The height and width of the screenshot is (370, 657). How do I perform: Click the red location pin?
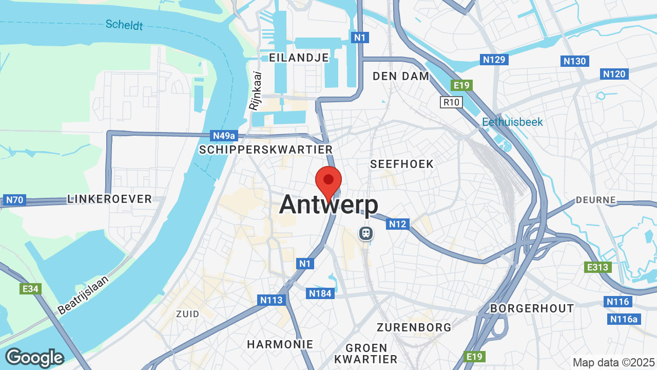pyautogui.click(x=328, y=181)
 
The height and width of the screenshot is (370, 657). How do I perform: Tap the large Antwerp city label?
pyautogui.click(x=328, y=205)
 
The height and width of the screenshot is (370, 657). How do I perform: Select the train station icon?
pyautogui.click(x=366, y=233)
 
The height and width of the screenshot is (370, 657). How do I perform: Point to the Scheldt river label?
pyautogui.click(x=124, y=24)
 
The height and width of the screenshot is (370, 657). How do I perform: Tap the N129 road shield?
pyautogui.click(x=494, y=60)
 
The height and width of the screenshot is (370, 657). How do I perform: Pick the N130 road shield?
pyautogui.click(x=574, y=61)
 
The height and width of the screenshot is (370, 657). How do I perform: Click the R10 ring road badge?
pyautogui.click(x=451, y=102)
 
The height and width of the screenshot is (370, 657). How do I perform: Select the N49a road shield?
pyautogui.click(x=224, y=136)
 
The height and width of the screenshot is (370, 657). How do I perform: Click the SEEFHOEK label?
pyautogui.click(x=402, y=164)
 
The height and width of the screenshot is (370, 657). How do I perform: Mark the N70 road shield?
pyautogui.click(x=14, y=200)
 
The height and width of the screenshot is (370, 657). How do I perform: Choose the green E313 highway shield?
pyautogui.click(x=597, y=267)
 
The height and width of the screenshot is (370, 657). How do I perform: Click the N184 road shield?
pyautogui.click(x=321, y=293)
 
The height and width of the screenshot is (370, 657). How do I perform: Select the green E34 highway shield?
pyautogui.click(x=30, y=289)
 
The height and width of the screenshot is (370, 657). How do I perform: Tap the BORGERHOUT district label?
pyautogui.click(x=532, y=308)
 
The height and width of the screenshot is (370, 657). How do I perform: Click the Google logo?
pyautogui.click(x=34, y=358)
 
